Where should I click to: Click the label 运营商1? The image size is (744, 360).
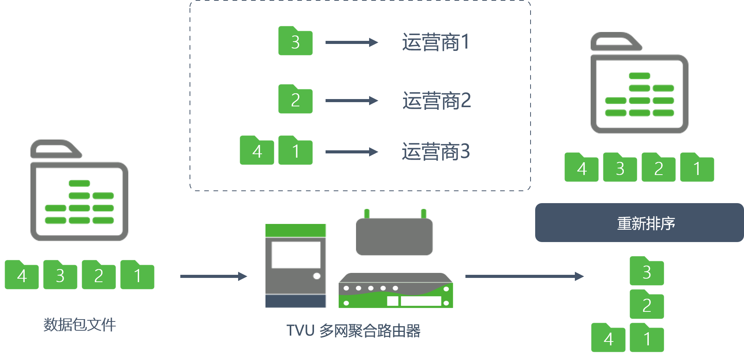coord(436,42)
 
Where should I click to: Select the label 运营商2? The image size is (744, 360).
coord(437,101)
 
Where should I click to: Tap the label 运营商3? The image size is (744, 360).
coord(436,151)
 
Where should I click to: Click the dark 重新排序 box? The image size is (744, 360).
coord(639,223)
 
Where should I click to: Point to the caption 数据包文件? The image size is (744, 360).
coord(80,325)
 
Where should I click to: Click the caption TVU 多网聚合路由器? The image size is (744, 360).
coord(353,331)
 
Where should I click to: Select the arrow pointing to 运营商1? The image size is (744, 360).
coord(351,42)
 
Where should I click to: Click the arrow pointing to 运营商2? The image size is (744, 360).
coord(351,101)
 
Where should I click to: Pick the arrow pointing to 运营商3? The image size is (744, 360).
coord(351,152)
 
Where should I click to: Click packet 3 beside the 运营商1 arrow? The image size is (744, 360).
coord(296,41)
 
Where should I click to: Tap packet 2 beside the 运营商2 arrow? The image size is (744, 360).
coord(296,99)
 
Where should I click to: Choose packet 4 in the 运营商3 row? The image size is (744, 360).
coord(257,150)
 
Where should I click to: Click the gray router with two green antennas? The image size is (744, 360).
coord(394,233)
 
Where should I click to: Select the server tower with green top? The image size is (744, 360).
coord(296,266)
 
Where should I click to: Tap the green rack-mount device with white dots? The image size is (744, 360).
coord(396,290)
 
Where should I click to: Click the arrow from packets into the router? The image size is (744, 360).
coord(213,276)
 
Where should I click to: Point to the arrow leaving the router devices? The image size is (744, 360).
coord(524,276)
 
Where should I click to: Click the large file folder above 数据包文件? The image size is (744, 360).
coord(79,190)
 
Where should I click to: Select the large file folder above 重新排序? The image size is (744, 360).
coord(639,83)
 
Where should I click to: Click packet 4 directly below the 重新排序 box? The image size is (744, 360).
coord(608,338)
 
